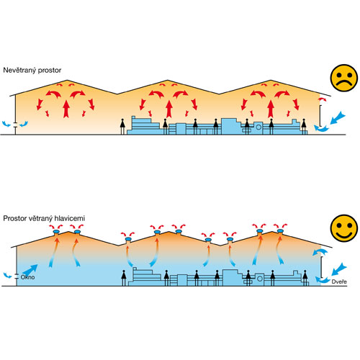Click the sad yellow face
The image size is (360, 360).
(344, 78)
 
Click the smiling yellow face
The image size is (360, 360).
(344, 228)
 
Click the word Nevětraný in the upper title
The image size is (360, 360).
(19, 70)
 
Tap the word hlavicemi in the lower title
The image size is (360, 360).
(70, 218)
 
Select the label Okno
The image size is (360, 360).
(27, 277)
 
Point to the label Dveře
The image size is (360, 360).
(339, 282)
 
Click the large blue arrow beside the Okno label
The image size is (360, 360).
(30, 270)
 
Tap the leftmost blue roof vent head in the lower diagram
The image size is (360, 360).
(56, 231)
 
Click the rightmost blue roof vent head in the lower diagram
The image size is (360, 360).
(280, 231)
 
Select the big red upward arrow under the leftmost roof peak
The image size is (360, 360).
(66, 109)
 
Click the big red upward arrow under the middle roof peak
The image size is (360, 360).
(169, 109)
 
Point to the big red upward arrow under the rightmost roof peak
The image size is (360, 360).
(271, 109)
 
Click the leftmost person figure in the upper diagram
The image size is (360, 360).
(122, 127)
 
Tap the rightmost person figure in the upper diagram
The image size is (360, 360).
(304, 127)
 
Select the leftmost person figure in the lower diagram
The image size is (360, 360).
(124, 278)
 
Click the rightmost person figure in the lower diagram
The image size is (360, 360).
(305, 278)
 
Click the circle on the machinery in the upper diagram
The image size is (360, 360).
(258, 127)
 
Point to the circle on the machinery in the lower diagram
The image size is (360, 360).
(260, 279)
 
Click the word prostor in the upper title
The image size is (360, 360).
(50, 71)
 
